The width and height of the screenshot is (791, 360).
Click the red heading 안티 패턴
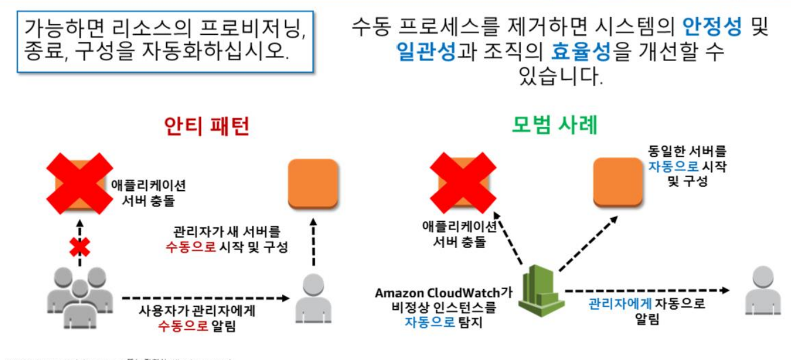206,126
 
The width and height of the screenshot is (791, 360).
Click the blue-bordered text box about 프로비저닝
165,41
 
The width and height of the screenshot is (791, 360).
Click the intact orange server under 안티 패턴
313,183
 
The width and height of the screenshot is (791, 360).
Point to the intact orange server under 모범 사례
619,181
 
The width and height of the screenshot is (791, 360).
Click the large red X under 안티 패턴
79,181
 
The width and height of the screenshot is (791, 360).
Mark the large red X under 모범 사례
463,181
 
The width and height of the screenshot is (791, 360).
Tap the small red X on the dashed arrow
80,247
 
